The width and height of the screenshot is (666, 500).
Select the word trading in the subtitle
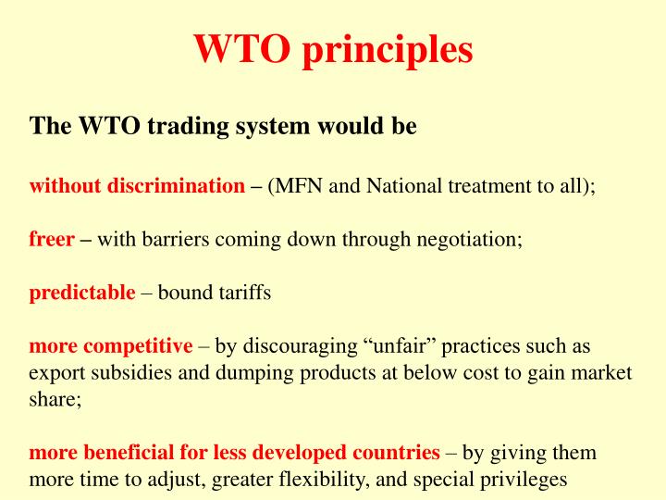(183, 126)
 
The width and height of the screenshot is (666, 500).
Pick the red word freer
(52, 239)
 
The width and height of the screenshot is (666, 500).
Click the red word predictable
(82, 293)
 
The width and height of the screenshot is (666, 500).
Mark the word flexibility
(331, 480)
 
